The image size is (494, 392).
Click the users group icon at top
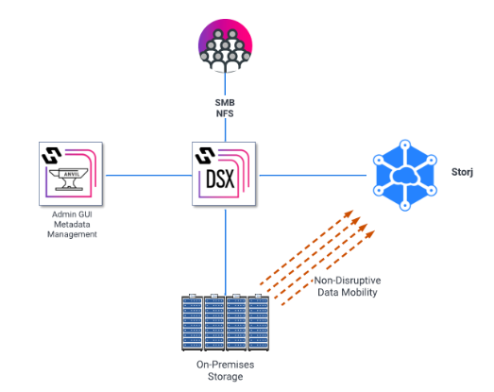tap(225, 45)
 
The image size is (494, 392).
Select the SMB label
tap(225, 102)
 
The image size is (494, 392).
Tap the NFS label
tap(225, 113)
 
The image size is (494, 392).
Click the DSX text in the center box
tap(220, 179)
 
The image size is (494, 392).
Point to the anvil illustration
tap(69, 179)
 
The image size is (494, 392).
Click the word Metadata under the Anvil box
tap(72, 225)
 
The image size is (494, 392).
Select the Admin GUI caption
tap(72, 214)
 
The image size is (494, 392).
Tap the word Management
tap(72, 234)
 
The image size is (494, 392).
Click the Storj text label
tap(462, 172)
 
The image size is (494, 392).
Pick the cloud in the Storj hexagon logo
tap(405, 176)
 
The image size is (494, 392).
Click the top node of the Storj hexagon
tap(405, 145)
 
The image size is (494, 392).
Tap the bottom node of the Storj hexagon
tap(405, 206)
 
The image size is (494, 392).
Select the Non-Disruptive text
tap(348, 281)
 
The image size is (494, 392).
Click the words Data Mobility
tap(348, 293)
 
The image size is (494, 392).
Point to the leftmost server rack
tap(192, 322)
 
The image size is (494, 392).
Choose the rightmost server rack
tap(259, 322)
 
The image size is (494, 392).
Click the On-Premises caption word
tap(225, 365)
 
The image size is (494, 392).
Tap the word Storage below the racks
tap(225, 377)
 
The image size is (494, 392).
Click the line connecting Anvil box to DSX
tap(148, 175)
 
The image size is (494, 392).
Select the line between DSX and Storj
tap(313, 175)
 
